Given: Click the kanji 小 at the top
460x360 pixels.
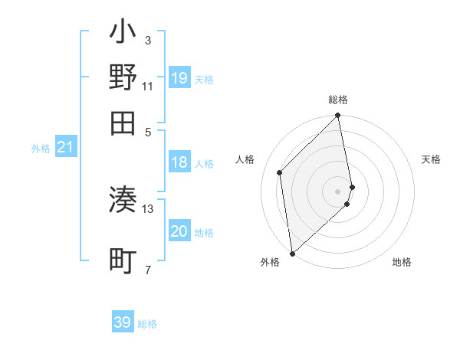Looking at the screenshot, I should (123, 34).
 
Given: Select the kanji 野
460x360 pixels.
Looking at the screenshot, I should (123, 78).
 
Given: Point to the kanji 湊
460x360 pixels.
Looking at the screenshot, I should (123, 201).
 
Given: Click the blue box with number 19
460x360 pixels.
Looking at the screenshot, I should (179, 78).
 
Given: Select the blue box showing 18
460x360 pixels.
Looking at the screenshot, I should (179, 162).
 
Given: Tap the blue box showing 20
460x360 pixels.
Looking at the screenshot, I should (179, 231).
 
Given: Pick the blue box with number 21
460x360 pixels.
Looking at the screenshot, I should (65, 147).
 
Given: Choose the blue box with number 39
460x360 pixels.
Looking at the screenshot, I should (123, 322).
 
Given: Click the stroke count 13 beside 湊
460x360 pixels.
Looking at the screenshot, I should (148, 208).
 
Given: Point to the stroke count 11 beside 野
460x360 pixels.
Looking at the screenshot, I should (148, 86).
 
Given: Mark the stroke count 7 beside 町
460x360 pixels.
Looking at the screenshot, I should (148, 269).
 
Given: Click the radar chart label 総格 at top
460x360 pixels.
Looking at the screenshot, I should (338, 100).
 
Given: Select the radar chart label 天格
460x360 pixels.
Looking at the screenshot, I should (431, 159).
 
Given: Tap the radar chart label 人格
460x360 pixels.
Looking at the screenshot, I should (245, 159).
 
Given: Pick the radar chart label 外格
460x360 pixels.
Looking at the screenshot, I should (270, 263).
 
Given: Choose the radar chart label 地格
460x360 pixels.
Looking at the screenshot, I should (402, 263).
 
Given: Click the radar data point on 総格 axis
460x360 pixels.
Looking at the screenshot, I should (338, 116).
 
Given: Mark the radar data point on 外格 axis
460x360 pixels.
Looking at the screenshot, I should (292, 253).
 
